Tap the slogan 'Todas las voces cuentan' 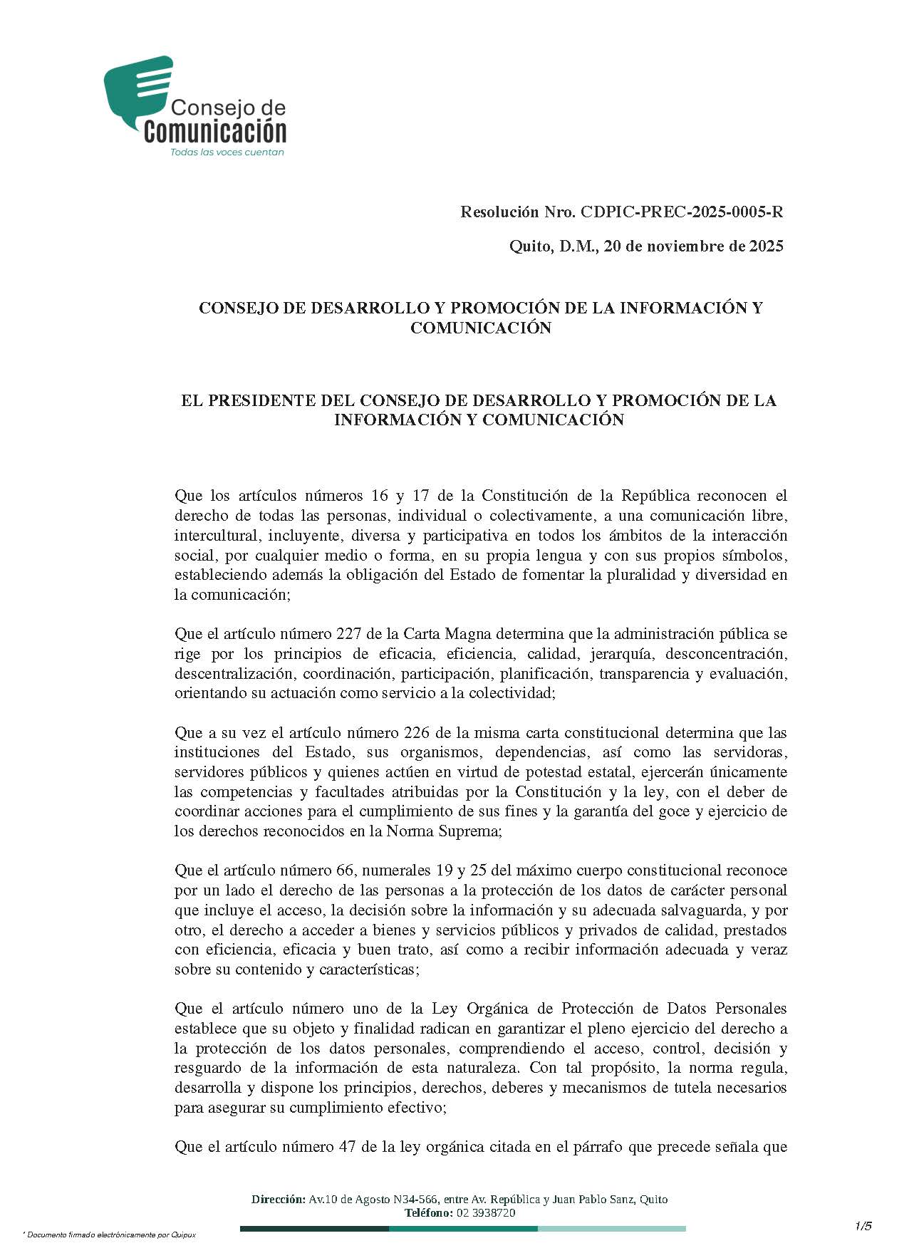(x=227, y=152)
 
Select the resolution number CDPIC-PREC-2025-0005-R (x=682, y=212)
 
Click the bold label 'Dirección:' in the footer (x=278, y=1200)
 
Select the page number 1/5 (x=863, y=1225)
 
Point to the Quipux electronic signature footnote (x=109, y=1234)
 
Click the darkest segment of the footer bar (x=314, y=1228)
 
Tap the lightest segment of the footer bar (x=611, y=1228)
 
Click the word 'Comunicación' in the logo (x=215, y=132)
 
